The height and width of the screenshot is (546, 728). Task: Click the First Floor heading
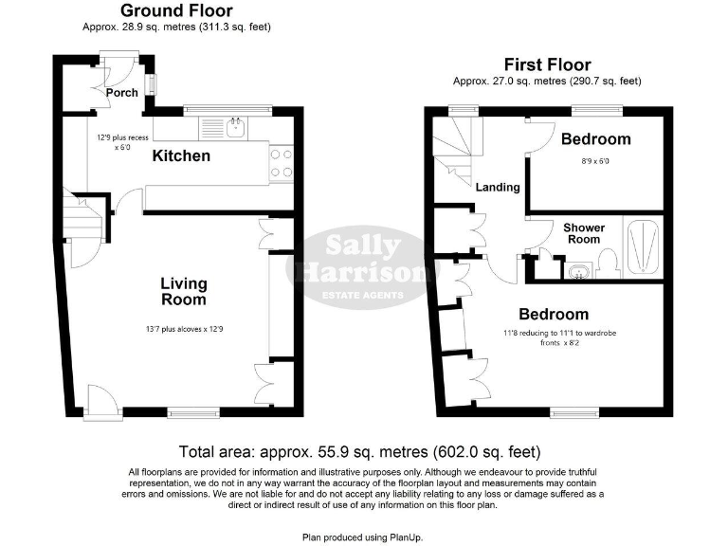pos(547,64)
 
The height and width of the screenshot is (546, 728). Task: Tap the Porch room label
pos(121,93)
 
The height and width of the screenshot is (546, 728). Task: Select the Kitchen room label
pos(181,155)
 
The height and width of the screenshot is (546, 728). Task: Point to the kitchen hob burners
pos(282,162)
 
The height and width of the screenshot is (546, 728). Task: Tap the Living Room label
pos(183,291)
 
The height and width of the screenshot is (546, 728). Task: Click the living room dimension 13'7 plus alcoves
pos(183,330)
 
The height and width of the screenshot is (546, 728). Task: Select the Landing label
pos(498,187)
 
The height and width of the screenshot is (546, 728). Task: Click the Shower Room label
pos(583,233)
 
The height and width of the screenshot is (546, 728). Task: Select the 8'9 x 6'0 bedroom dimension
pos(595,161)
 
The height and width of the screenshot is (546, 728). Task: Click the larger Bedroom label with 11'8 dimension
pos(553,314)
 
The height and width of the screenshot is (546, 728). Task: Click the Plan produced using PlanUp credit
pos(363,537)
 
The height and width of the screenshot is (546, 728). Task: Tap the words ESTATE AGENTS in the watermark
pos(363,294)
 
